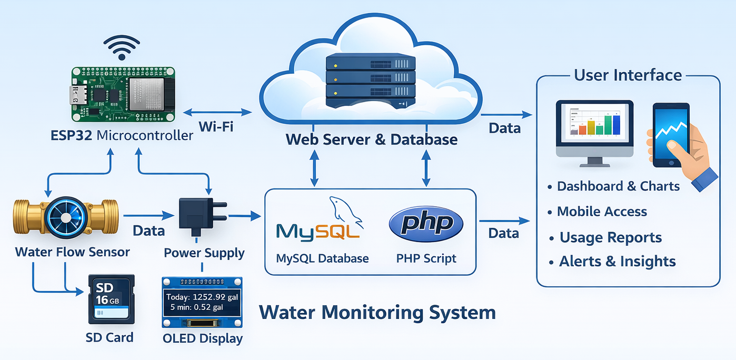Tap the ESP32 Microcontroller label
pyautogui.click(x=122, y=135)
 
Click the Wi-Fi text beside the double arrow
pyautogui.click(x=216, y=127)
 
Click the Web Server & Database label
pyautogui.click(x=371, y=139)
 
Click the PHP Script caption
pyautogui.click(x=426, y=258)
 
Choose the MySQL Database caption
pyautogui.click(x=322, y=258)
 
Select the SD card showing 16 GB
pyautogui.click(x=111, y=299)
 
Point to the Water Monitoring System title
pyautogui.click(x=377, y=313)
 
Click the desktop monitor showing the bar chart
pyautogui.click(x=594, y=129)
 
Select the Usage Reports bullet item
pyautogui.click(x=610, y=237)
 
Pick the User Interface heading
pyautogui.click(x=628, y=75)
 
